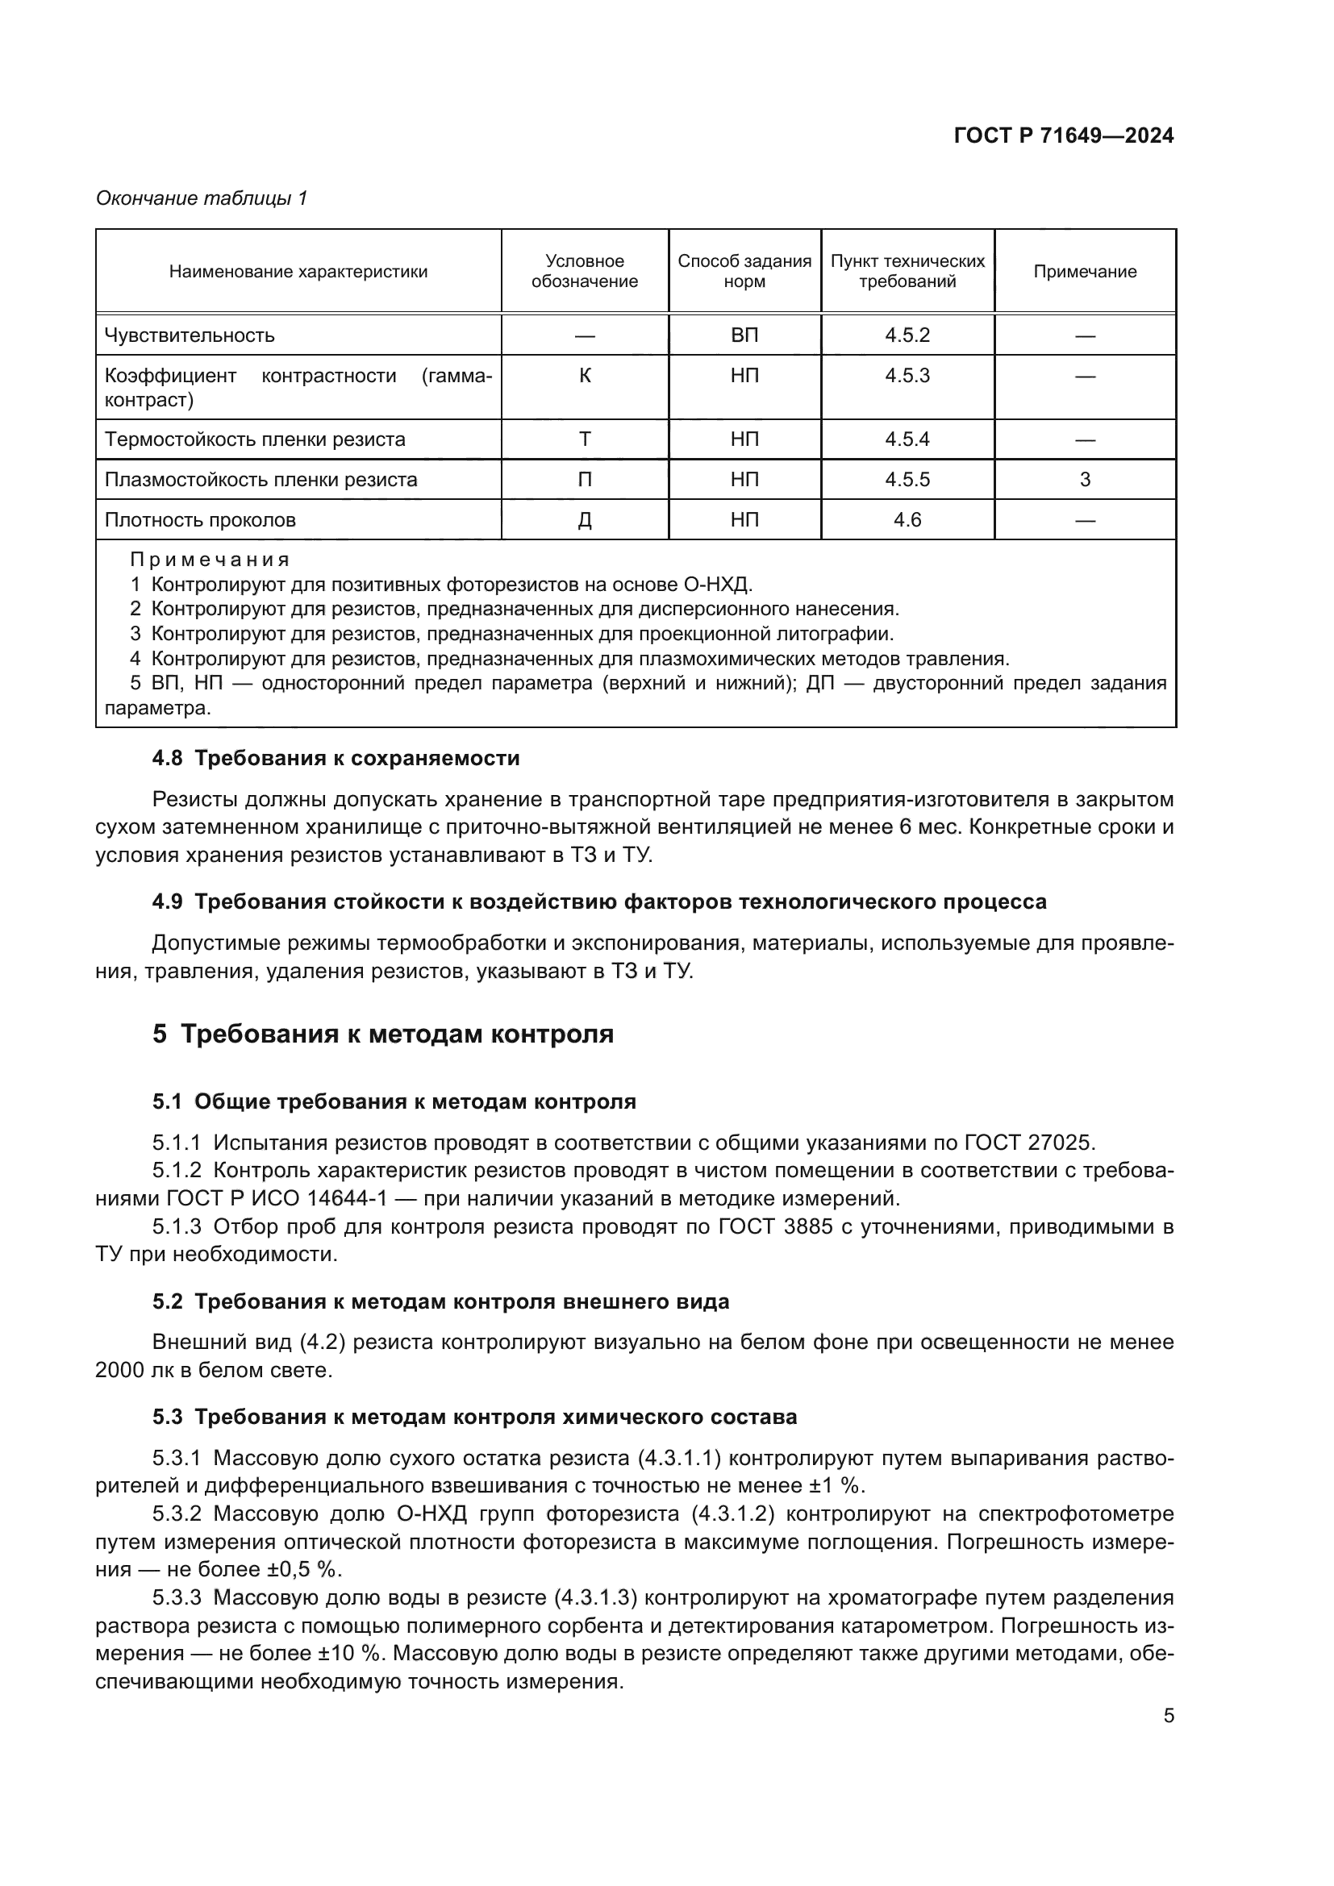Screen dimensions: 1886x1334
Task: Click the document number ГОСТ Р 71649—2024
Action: [1063, 136]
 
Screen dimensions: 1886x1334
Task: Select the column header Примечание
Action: [1084, 272]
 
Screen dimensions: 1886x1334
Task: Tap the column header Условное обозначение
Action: [584, 271]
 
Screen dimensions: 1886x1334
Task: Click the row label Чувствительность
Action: [190, 335]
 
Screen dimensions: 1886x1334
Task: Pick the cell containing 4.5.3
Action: [907, 376]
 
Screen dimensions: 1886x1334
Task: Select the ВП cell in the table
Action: [744, 335]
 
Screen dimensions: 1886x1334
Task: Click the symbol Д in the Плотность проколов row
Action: [584, 520]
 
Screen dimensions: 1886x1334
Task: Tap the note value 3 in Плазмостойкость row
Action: [1084, 480]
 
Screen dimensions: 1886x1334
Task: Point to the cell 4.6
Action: [907, 520]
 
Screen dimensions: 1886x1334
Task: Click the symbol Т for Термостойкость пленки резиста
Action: [584, 439]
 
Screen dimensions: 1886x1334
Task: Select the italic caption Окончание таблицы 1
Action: [202, 198]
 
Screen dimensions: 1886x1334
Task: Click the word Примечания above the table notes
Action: [211, 560]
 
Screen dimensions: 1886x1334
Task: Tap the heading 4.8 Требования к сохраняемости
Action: [336, 758]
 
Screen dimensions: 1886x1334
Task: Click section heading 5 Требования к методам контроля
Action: [383, 1035]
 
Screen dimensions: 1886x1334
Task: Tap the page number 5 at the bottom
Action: [1168, 1716]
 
